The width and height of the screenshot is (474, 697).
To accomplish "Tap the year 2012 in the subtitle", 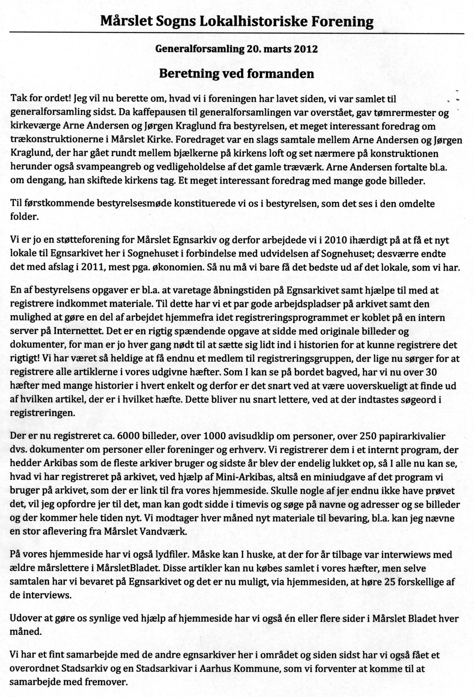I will point(306,49).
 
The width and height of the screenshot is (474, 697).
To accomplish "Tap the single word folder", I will point(25,216).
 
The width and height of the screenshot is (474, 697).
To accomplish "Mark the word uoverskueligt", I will point(351,386).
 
